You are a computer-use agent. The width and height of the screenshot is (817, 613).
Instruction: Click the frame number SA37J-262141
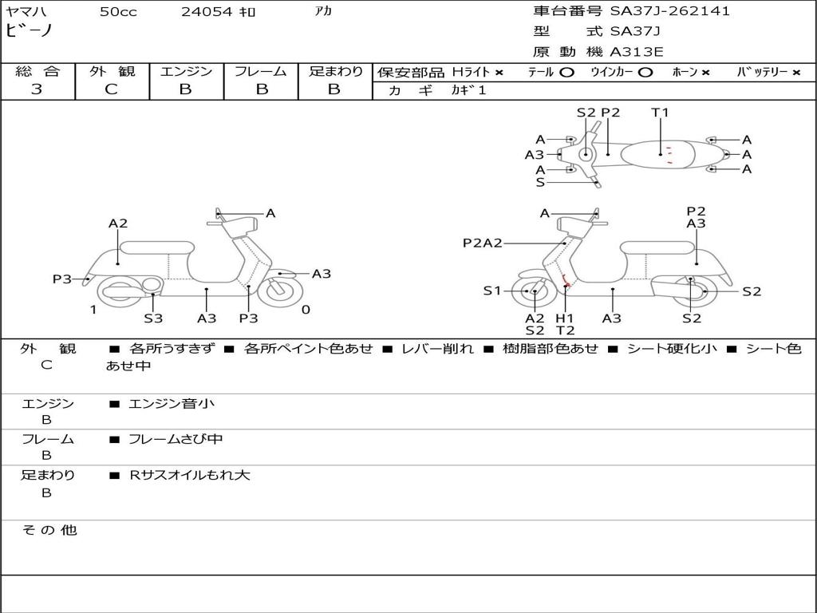click(x=670, y=11)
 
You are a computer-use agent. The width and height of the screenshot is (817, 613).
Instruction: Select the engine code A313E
click(x=637, y=52)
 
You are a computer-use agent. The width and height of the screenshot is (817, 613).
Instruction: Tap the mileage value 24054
click(x=207, y=12)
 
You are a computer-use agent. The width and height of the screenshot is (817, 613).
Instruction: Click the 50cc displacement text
click(x=118, y=12)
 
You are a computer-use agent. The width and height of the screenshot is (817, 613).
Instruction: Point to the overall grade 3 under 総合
click(x=37, y=89)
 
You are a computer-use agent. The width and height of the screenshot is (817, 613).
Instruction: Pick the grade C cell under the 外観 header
click(x=112, y=89)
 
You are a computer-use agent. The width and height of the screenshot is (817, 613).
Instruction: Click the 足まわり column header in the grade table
click(x=335, y=71)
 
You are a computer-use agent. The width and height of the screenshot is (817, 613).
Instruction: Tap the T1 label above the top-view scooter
click(x=660, y=113)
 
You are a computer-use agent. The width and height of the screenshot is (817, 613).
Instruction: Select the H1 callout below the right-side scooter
click(x=565, y=318)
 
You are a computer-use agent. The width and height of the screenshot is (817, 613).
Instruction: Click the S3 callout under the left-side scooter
click(x=153, y=318)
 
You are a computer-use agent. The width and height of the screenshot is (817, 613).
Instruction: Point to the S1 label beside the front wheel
click(x=492, y=291)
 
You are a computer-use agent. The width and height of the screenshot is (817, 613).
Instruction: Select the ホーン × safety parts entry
click(x=690, y=72)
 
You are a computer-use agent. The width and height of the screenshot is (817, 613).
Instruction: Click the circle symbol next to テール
click(x=566, y=72)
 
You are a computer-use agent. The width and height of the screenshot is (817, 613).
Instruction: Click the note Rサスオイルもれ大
click(x=190, y=475)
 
